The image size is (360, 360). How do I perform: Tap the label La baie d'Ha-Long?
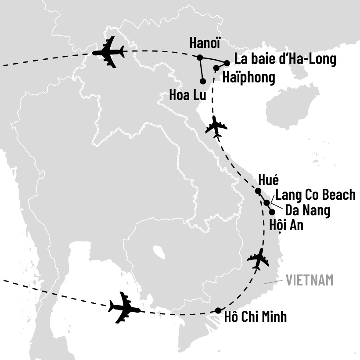click(285, 59)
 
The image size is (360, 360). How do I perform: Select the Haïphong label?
click(248, 77)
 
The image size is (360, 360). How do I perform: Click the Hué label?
click(269, 180)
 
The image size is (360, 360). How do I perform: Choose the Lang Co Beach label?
click(315, 195)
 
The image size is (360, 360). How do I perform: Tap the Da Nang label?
click(307, 210)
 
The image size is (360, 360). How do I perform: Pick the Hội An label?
click(285, 225)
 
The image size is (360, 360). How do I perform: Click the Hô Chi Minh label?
click(255, 317)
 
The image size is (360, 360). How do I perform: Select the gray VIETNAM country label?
click(310, 280)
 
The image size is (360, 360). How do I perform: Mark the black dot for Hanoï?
click(200, 57)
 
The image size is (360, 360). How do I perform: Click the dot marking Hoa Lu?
click(202, 81)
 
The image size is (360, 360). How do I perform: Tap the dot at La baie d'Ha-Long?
click(227, 63)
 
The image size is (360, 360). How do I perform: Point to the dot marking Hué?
click(258, 191)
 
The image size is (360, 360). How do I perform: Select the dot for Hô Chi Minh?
click(218, 310)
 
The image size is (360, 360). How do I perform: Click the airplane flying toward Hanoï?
click(108, 52)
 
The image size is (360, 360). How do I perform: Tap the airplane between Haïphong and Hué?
click(216, 127)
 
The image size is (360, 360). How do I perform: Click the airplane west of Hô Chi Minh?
click(125, 307)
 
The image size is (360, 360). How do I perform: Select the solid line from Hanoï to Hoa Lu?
click(201, 69)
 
